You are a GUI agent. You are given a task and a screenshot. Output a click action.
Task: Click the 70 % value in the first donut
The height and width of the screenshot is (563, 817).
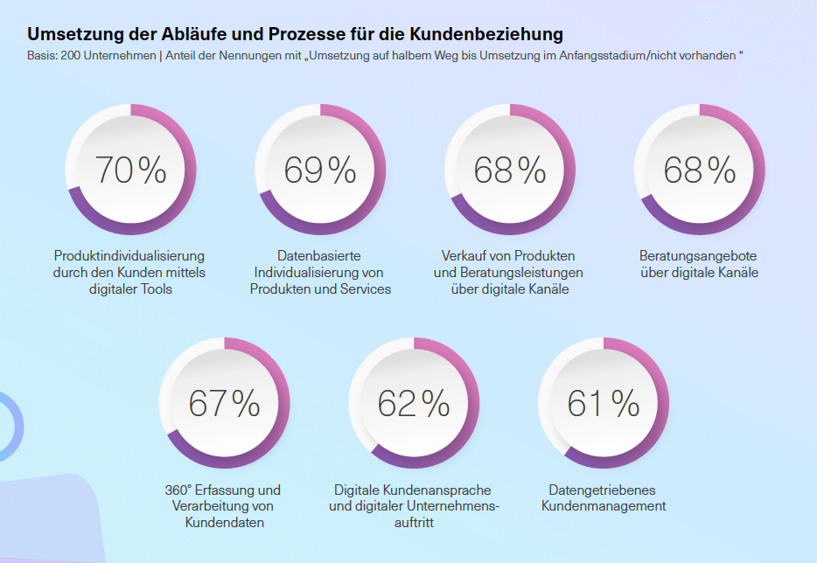click(130, 170)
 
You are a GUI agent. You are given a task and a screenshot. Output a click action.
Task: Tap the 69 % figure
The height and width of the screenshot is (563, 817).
click(320, 170)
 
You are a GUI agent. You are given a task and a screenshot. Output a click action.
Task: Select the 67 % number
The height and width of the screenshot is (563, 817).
click(225, 403)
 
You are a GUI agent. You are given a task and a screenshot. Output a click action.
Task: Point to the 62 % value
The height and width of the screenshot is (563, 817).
click(414, 403)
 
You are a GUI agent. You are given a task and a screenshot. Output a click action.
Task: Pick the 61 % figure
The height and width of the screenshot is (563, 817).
click(604, 403)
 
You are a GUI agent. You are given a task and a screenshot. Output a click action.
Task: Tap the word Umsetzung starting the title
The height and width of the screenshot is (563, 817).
click(69, 35)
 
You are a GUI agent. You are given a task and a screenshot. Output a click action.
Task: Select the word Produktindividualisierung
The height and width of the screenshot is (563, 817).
click(129, 255)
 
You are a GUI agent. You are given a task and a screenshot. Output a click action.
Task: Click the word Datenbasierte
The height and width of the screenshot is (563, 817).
click(318, 255)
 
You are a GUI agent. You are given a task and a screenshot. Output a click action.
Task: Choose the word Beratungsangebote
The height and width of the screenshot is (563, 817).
click(698, 255)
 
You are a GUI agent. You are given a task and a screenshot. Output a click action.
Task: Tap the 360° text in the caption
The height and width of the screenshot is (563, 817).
click(180, 490)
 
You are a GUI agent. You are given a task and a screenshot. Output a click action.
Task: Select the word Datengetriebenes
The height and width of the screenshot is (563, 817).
click(602, 490)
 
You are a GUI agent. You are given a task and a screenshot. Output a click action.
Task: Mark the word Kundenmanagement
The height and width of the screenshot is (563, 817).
click(604, 506)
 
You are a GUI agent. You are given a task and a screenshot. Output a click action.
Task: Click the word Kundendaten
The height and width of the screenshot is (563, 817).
click(225, 523)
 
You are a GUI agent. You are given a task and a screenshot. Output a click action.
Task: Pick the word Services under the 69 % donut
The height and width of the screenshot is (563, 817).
click(367, 288)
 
